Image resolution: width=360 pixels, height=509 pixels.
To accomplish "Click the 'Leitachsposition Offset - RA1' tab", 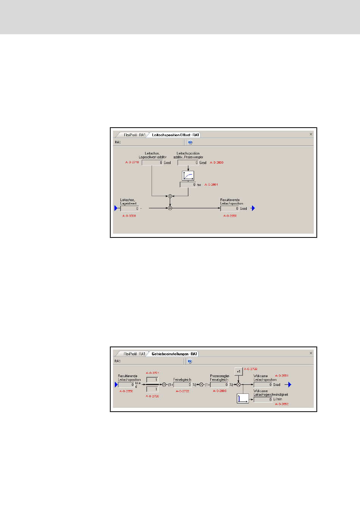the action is point(175,135).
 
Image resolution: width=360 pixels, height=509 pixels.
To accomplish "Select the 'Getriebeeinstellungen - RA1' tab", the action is point(174,354).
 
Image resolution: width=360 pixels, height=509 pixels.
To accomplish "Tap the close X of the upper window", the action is point(311,134).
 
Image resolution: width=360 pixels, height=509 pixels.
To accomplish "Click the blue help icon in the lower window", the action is point(190,361).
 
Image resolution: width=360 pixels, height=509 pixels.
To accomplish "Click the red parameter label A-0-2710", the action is point(132,162).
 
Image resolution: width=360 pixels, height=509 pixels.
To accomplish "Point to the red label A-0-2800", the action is point(217,162).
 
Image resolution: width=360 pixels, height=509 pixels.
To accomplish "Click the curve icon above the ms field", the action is point(188,176).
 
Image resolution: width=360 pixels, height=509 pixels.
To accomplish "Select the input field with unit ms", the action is point(188,185).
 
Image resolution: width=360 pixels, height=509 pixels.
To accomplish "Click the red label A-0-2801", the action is point(211,185).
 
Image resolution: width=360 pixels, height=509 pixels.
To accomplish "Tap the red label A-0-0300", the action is point(129,216).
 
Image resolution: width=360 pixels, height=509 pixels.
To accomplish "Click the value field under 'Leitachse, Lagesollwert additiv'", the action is point(152,162).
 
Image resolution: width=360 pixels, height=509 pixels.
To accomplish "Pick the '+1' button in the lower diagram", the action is point(238,372).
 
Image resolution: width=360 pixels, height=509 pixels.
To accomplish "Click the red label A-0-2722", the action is point(182,391).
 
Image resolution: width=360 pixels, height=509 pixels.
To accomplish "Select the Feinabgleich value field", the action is point(183,385).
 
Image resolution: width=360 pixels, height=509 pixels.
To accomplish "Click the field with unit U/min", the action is point(263,400).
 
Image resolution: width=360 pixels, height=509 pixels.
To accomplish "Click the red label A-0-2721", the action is point(152,373).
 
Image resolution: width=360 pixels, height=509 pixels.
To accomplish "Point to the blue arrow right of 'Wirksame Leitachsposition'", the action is point(290,385).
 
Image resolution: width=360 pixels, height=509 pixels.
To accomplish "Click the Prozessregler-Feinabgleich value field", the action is point(219,385).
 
